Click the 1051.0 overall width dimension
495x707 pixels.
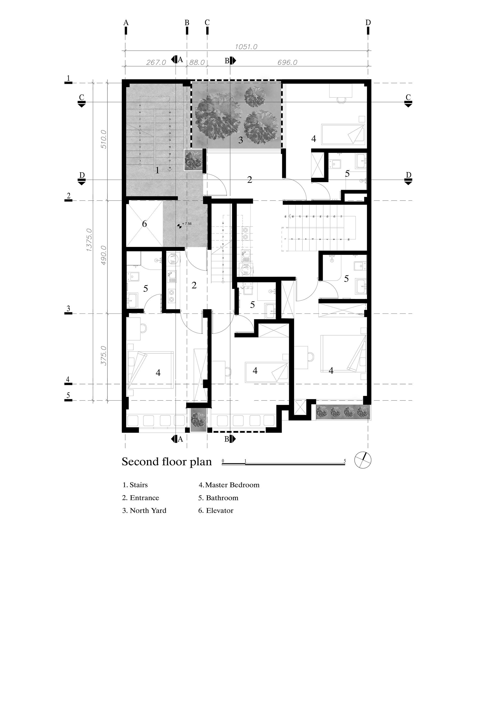click(x=246, y=47)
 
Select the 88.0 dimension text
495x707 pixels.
click(x=197, y=62)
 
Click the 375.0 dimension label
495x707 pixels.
click(x=103, y=355)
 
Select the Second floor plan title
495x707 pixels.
click(x=167, y=462)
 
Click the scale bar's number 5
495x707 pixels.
click(x=345, y=461)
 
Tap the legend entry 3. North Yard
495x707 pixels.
click(x=144, y=511)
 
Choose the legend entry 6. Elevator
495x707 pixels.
click(x=216, y=511)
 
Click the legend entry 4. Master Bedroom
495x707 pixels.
click(x=229, y=485)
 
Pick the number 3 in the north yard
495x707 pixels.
click(x=241, y=140)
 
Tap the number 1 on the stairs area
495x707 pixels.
click(x=157, y=170)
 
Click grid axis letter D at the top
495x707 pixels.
click(x=368, y=23)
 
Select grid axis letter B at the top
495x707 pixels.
click(x=187, y=23)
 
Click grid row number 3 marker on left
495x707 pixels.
click(x=68, y=309)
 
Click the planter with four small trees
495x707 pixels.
click(x=343, y=412)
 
